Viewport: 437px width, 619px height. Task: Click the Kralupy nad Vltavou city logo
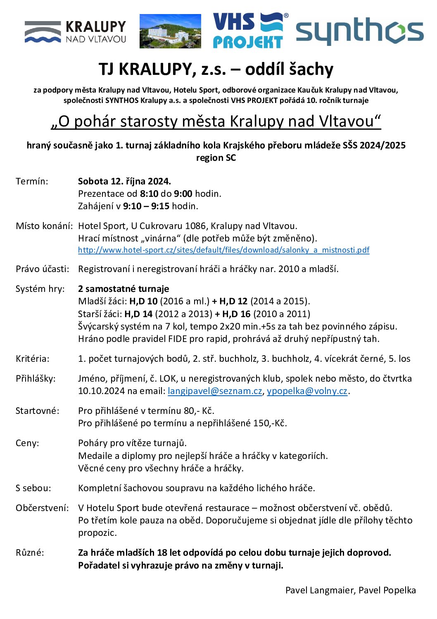click(x=75, y=31)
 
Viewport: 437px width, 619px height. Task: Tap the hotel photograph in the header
click(x=170, y=31)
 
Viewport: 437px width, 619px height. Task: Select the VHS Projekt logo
click(x=249, y=30)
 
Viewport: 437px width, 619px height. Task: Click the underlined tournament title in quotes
click(x=216, y=121)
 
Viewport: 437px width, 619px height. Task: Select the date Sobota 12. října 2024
click(x=124, y=181)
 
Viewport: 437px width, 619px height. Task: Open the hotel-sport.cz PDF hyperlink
click(x=223, y=250)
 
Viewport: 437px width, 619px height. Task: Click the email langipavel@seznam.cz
click(x=215, y=391)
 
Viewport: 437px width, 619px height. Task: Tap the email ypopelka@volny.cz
click(x=307, y=391)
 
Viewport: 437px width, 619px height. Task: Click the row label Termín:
click(x=32, y=181)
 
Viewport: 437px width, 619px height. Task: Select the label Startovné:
click(x=37, y=411)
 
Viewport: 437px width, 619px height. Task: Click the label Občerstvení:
click(x=42, y=508)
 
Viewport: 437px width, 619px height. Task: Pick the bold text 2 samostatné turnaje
click(x=123, y=289)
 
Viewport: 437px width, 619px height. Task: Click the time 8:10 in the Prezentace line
click(x=149, y=194)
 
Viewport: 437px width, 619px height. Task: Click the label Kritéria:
click(x=32, y=359)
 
